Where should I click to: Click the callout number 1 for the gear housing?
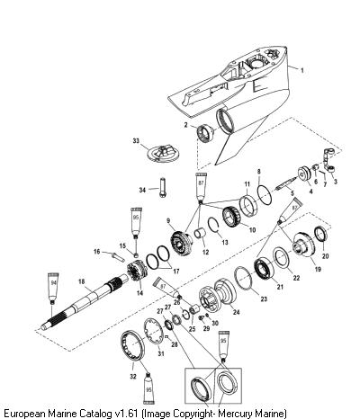pyautogui.click(x=302, y=70)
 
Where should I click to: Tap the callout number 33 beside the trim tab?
pyautogui.click(x=136, y=140)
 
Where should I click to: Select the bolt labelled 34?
pyautogui.click(x=163, y=188)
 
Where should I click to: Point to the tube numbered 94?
pyautogui.click(x=53, y=288)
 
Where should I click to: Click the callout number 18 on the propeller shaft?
pyautogui.click(x=82, y=281)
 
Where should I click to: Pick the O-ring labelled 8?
pyautogui.click(x=265, y=195)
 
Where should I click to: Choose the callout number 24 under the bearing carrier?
pyautogui.click(x=237, y=312)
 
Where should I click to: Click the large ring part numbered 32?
pyautogui.click(x=132, y=345)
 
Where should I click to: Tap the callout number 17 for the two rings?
pyautogui.click(x=176, y=272)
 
